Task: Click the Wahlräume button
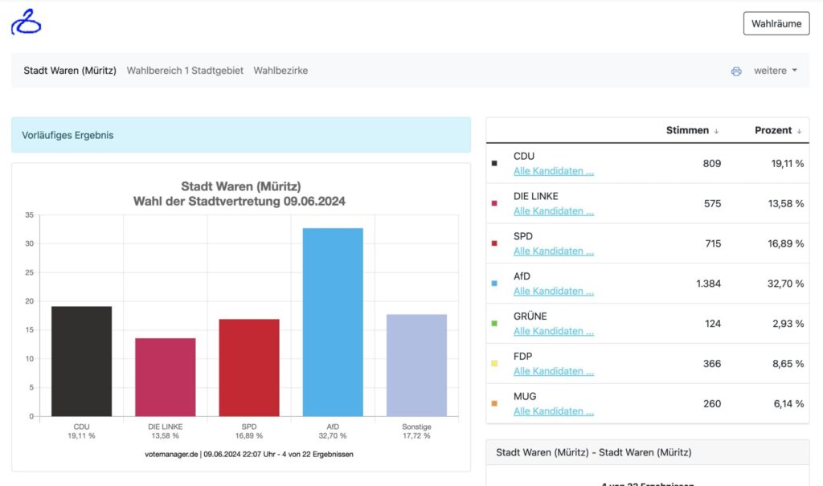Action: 776,23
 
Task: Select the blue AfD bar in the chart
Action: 333,322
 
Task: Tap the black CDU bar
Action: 81,361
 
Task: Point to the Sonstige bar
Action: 416,366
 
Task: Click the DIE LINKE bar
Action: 165,377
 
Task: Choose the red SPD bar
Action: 249,367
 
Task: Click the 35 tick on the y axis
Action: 30,215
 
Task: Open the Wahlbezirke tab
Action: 280,71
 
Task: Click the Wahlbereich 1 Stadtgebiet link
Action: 185,71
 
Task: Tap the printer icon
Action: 736,71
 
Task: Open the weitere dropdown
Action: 776,71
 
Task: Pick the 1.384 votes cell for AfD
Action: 708,284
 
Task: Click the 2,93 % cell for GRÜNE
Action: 788,324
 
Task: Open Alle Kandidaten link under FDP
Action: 554,371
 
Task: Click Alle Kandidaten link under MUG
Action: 554,411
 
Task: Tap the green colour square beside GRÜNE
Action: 494,324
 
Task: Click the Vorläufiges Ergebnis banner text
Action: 68,135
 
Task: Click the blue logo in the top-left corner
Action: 26,22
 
